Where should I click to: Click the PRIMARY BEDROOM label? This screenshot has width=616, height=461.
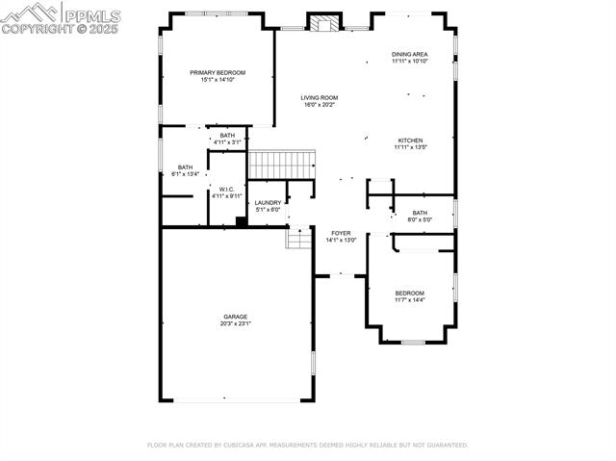click(218, 73)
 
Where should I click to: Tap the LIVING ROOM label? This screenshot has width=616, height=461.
click(320, 97)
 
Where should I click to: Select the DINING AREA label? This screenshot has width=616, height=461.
click(409, 54)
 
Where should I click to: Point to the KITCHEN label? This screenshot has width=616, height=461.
click(409, 141)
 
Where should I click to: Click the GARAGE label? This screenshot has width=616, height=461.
click(236, 317)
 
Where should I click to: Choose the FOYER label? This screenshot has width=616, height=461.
click(342, 233)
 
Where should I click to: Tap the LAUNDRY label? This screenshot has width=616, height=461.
click(268, 202)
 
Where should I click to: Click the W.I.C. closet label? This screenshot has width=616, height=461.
click(227, 189)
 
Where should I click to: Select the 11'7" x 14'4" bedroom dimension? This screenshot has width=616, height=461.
click(409, 300)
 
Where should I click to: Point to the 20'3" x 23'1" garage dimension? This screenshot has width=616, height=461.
click(236, 324)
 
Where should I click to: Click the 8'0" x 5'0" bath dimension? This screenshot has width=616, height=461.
click(421, 219)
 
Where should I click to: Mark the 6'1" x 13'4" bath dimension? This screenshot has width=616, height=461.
click(185, 174)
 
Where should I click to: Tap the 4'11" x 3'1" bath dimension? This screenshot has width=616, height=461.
click(227, 142)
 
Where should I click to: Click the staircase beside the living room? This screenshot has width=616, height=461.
click(283, 165)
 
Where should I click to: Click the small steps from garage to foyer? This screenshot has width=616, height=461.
click(299, 237)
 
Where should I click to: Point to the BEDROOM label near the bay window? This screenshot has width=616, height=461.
click(409, 293)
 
